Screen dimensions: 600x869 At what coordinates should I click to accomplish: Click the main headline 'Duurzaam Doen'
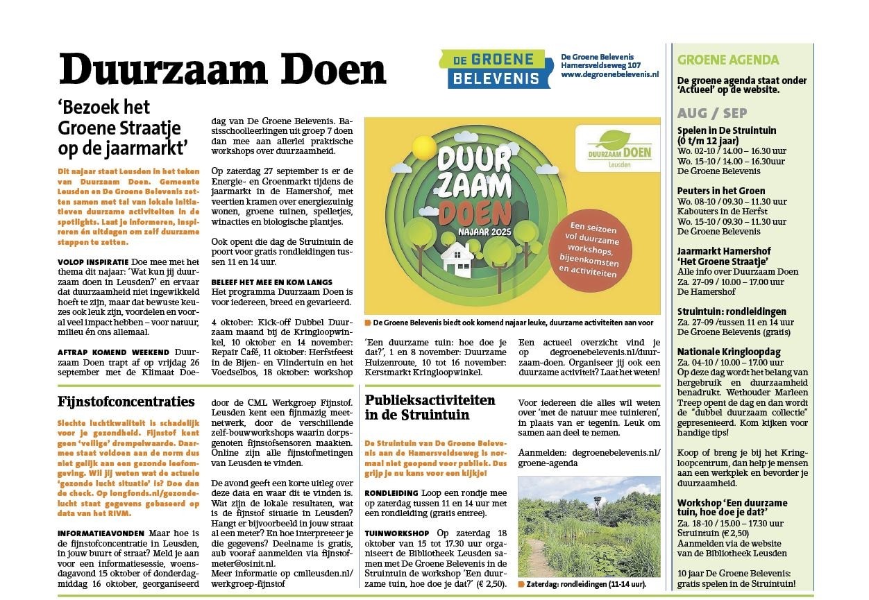tap(222, 69)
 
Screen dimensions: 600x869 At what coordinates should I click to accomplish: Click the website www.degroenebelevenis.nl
tap(609, 74)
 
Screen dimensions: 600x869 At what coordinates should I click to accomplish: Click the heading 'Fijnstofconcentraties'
tap(126, 401)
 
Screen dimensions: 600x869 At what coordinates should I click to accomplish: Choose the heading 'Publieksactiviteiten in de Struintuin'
tap(430, 407)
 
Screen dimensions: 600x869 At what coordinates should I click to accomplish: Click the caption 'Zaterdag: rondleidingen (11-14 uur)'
tap(586, 584)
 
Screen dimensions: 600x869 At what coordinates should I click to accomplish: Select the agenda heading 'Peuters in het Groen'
tap(721, 191)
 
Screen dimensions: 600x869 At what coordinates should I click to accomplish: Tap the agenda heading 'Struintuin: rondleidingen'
tap(732, 311)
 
